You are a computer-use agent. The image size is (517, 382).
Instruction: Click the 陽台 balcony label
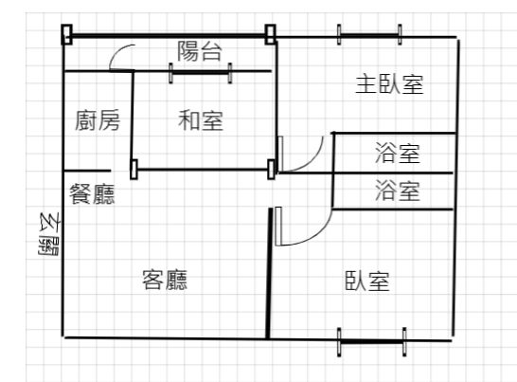click(x=200, y=51)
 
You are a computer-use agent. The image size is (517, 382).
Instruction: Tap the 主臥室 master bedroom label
click(x=389, y=84)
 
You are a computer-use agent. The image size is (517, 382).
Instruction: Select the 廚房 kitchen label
click(x=98, y=120)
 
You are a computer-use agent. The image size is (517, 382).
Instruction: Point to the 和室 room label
click(x=201, y=120)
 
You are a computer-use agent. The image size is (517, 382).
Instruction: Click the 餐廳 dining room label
click(x=92, y=193)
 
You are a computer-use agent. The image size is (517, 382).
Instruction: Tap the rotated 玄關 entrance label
click(x=49, y=234)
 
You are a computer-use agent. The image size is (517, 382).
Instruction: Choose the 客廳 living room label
click(x=165, y=280)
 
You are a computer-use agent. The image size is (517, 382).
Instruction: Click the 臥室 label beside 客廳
click(x=367, y=281)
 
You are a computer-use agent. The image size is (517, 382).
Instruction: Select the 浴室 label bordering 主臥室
click(x=398, y=154)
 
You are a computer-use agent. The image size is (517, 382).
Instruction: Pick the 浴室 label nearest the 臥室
click(x=398, y=191)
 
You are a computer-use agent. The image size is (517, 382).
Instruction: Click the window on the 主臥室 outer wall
click(x=369, y=34)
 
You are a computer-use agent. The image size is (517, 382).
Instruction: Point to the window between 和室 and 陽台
click(x=200, y=73)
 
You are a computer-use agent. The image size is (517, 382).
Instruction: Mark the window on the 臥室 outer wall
click(x=371, y=342)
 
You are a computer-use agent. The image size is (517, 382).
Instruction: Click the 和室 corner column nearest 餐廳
click(x=134, y=170)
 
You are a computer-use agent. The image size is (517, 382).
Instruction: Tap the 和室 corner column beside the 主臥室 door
click(x=271, y=170)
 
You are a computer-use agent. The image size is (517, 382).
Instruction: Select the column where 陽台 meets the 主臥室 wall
click(x=271, y=34)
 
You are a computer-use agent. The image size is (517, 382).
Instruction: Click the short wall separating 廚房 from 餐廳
click(x=87, y=171)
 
